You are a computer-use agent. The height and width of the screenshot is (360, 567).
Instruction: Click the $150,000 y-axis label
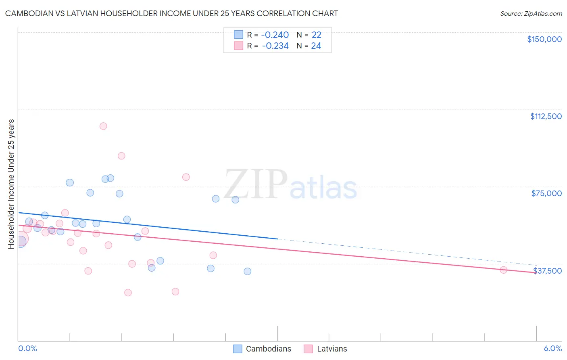[x=544, y=39]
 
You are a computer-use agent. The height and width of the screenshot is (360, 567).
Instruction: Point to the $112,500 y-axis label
[x=546, y=116]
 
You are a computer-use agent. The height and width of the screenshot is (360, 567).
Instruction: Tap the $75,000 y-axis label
[x=546, y=193]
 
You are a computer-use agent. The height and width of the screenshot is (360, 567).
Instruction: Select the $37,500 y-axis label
[x=547, y=271]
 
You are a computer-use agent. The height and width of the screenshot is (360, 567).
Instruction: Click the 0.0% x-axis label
[x=28, y=348]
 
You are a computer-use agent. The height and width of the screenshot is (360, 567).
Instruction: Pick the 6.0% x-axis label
[x=552, y=348]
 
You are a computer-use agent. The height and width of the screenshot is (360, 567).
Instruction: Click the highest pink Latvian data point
[x=103, y=126]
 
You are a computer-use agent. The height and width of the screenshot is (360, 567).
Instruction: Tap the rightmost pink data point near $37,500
[x=503, y=270]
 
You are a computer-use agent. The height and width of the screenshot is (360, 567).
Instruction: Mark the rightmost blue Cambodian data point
[x=248, y=271]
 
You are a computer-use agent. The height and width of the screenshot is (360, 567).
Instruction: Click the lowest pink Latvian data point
[x=128, y=293]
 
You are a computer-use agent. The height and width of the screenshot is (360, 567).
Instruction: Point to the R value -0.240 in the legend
[x=275, y=35]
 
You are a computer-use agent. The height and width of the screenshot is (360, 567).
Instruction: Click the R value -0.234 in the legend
[x=275, y=46]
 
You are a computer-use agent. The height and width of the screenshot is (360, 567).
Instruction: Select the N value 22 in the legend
[x=316, y=35]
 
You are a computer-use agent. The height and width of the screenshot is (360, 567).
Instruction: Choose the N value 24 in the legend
[x=316, y=46]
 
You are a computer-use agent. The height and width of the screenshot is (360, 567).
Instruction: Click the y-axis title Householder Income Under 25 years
[x=11, y=184]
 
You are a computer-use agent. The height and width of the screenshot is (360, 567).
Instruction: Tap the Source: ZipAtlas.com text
[x=531, y=14]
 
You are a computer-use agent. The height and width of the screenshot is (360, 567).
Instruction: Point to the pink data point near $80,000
[x=186, y=177]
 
